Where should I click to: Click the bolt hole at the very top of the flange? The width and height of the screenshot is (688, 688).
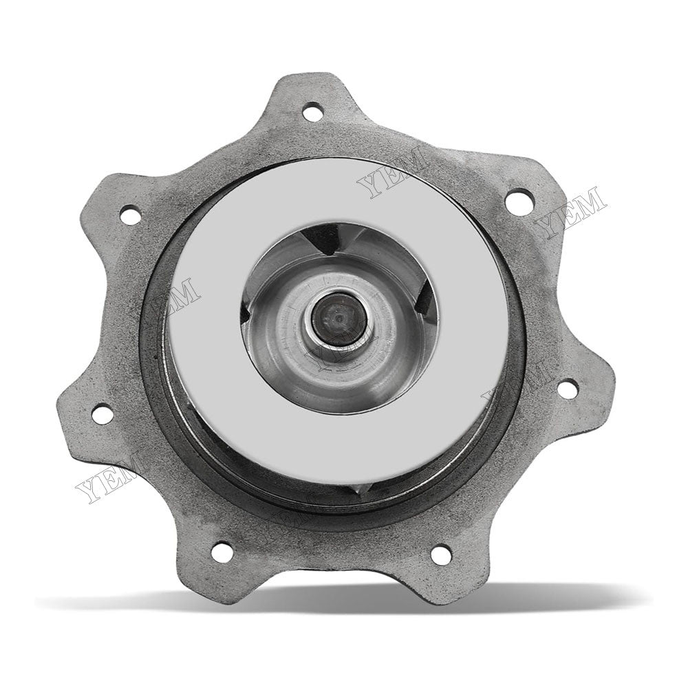tap(314, 109)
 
